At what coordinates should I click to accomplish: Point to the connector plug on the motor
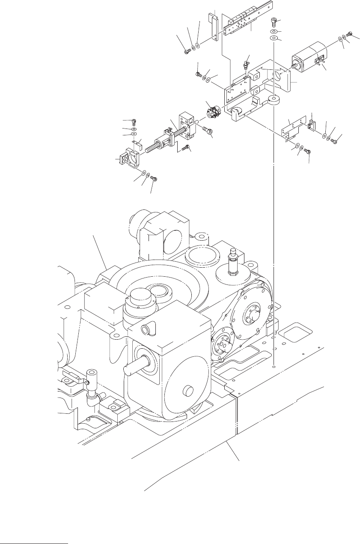pyautogui.click(x=319, y=63)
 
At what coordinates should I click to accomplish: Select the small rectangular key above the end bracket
pyautogui.click(x=138, y=143)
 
